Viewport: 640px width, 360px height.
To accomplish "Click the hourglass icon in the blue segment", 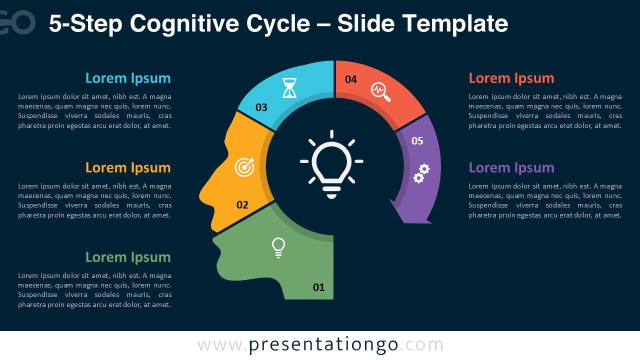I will tap(289, 87).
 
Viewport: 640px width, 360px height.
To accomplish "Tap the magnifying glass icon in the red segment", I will tap(380, 91).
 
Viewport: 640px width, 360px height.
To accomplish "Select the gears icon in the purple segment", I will tap(421, 173).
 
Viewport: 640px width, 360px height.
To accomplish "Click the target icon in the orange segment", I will tap(244, 167).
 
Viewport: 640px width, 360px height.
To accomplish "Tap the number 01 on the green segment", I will tap(318, 287).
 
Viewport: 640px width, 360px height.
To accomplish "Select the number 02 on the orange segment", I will tap(242, 204).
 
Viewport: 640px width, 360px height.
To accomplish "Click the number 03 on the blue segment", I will tap(261, 107).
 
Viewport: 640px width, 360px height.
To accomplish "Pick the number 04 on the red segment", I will tap(351, 79).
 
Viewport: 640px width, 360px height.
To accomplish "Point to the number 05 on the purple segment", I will tap(417, 140).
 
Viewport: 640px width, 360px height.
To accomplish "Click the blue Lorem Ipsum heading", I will tap(128, 78).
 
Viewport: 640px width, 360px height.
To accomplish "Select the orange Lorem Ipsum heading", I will tap(128, 167).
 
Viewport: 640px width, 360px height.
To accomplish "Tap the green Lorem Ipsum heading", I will tap(128, 257).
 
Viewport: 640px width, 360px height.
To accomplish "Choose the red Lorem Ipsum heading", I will tap(511, 78).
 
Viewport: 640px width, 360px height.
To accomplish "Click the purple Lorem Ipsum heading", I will tap(511, 167).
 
